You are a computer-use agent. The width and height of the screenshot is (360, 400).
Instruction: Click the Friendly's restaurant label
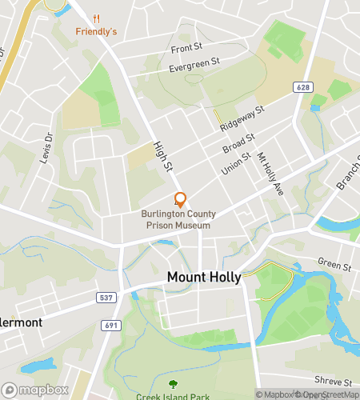coord(96,31)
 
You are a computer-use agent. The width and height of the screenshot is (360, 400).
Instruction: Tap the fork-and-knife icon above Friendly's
coord(96,18)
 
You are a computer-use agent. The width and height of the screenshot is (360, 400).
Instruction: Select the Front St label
coord(186,49)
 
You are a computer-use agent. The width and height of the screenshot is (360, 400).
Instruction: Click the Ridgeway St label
coord(242,120)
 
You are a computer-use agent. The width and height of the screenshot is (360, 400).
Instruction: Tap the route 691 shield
coord(111,326)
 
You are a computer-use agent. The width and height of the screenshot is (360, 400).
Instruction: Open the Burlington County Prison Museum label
coord(176,219)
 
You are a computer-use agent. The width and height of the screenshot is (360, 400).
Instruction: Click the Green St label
coord(334,265)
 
